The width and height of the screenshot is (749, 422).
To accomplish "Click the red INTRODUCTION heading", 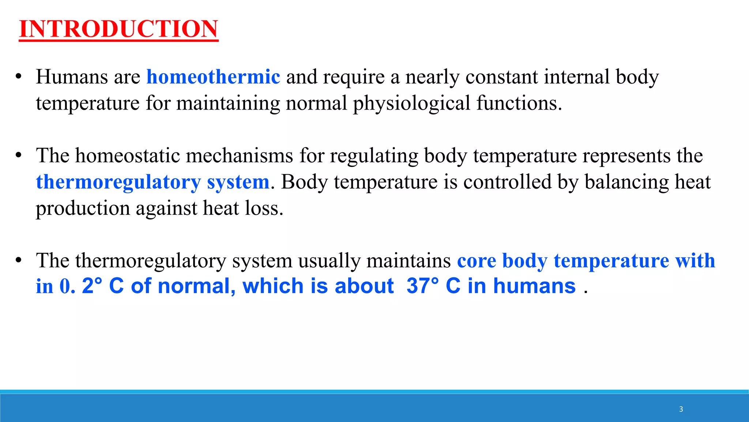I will click(118, 29).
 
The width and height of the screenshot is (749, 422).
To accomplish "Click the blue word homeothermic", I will click(213, 77).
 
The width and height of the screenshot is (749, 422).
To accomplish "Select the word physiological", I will click(411, 103).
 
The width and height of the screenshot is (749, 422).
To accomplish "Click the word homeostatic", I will click(128, 156).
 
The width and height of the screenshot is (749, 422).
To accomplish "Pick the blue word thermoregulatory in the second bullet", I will click(118, 182).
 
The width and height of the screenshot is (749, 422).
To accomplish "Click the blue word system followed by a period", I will click(238, 182).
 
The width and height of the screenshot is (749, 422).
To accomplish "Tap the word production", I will click(83, 208).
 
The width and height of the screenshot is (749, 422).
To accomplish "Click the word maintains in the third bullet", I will click(409, 261).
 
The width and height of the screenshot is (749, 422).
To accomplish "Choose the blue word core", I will click(476, 261).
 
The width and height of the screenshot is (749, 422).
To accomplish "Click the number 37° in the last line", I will click(422, 286).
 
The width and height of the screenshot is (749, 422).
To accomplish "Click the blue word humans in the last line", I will click(534, 286).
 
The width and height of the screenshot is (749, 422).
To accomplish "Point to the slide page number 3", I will click(681, 409).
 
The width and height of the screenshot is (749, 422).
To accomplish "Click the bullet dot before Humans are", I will click(19, 77).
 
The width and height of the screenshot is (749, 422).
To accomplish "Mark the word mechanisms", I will click(240, 156).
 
